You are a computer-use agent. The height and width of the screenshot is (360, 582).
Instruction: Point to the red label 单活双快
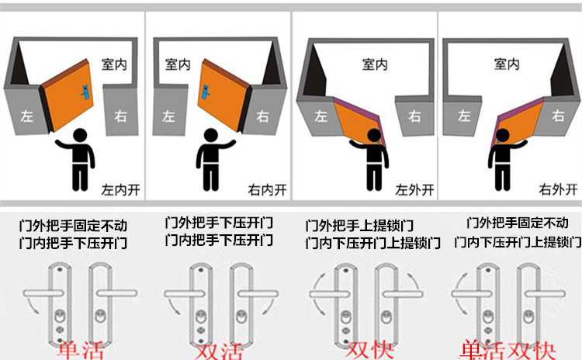(508, 348)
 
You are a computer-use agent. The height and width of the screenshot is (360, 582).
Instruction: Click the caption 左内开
(120, 189)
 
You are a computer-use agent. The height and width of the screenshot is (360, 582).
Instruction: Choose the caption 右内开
(265, 189)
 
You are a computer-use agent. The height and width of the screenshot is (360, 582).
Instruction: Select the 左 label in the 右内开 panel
(169, 116)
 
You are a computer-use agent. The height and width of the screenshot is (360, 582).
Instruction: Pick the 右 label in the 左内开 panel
(120, 116)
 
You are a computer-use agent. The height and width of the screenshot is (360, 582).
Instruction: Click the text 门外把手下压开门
(220, 222)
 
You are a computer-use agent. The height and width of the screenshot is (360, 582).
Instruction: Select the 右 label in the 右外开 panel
(558, 116)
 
